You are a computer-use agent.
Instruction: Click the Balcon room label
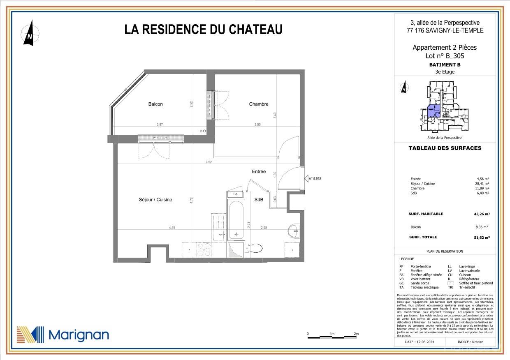(x=155, y=104)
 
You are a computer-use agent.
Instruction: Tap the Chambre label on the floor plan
(x=259, y=104)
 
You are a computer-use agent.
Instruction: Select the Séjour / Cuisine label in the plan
(x=155, y=200)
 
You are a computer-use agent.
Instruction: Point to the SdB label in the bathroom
(x=259, y=200)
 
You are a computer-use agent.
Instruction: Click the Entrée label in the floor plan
(x=259, y=171)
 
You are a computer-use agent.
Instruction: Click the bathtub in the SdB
(x=235, y=219)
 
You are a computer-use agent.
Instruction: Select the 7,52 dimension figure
(x=209, y=162)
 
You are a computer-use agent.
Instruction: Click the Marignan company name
(x=79, y=335)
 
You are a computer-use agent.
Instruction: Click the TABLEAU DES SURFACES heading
(x=445, y=148)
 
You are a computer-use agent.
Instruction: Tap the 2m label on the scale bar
(x=356, y=334)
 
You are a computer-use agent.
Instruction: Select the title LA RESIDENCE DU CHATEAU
(x=203, y=30)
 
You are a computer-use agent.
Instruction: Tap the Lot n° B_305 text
(x=445, y=56)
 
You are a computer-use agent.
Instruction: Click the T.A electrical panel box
(x=235, y=194)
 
